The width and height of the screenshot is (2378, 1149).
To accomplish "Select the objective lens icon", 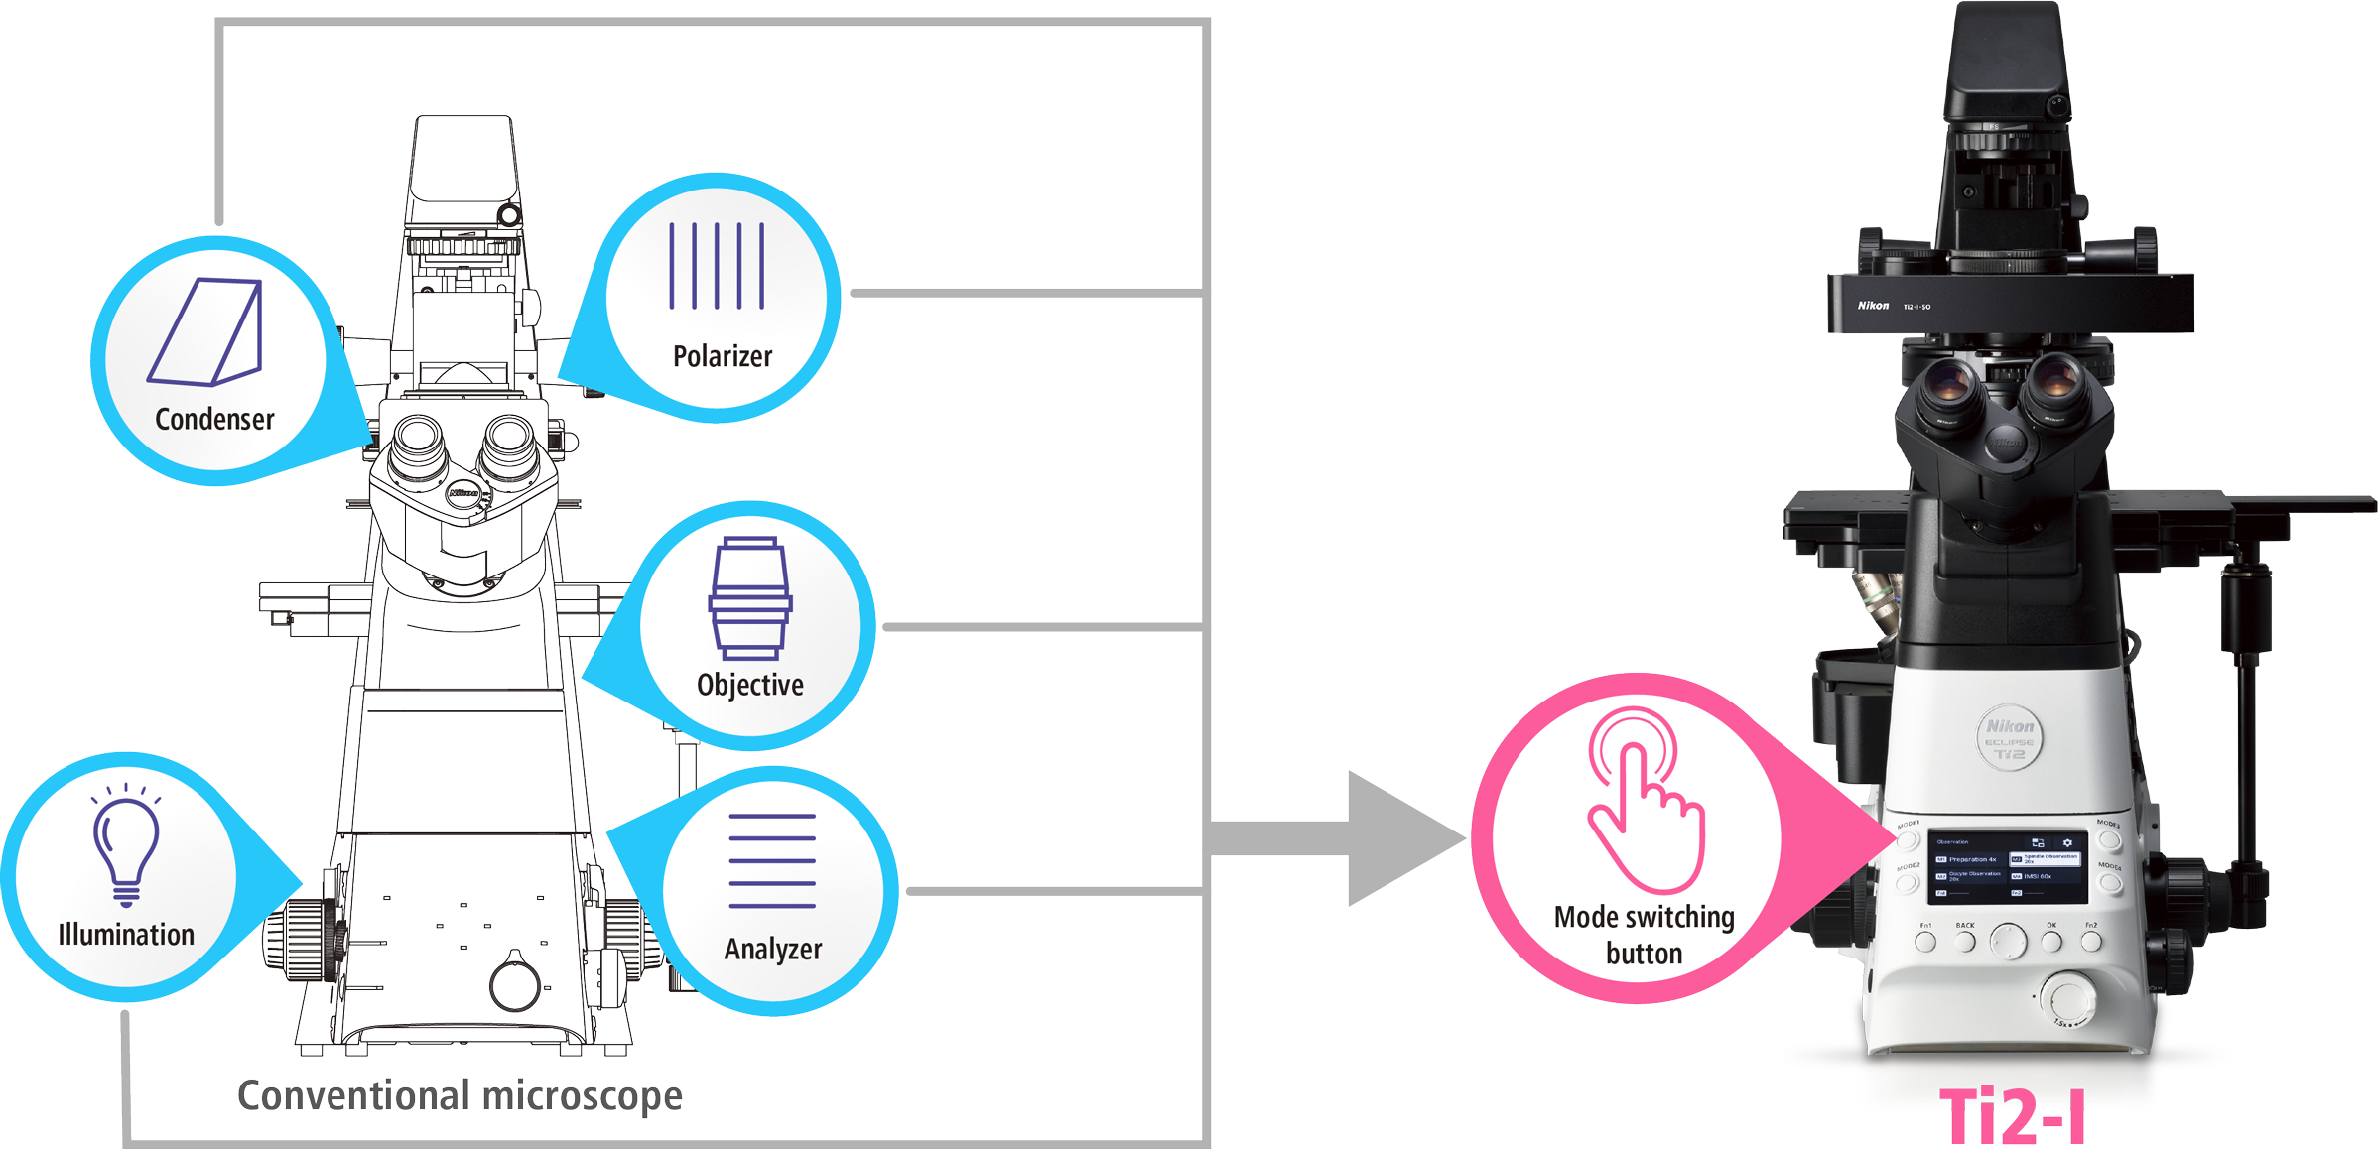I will [x=750, y=598].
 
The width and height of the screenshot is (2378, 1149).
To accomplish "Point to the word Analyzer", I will [x=773, y=950].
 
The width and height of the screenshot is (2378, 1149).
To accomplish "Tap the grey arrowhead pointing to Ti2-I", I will [x=1399, y=839].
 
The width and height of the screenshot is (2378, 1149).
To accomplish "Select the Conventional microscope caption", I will [x=460, y=1096].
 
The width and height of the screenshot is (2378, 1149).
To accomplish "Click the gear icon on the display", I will [x=2067, y=842].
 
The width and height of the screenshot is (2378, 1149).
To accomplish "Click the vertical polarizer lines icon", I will [x=717, y=266].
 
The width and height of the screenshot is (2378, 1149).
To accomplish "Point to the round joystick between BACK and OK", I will [x=2009, y=940].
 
